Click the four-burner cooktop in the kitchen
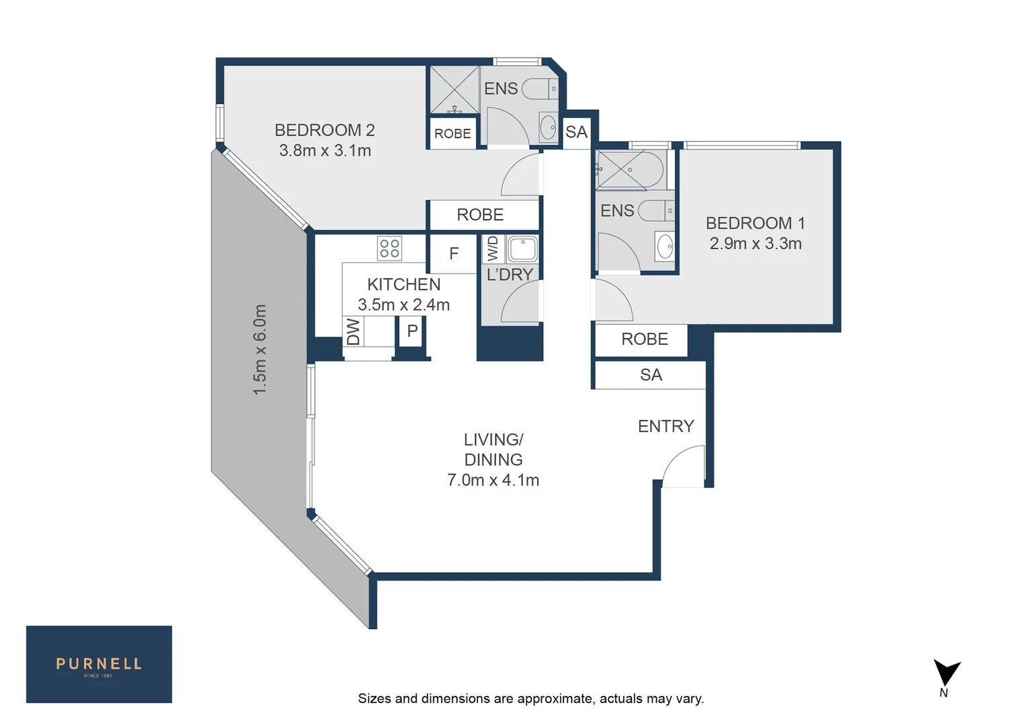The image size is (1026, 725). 389,248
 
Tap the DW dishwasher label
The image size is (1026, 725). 353,332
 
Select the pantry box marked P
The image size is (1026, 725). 412,331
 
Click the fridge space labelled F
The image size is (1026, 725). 454,254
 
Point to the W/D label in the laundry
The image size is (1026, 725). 494,248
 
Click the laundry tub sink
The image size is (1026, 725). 522,249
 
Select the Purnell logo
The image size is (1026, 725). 99,664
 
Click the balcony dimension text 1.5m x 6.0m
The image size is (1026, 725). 261,349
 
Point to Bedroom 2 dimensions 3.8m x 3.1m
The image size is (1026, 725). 325,150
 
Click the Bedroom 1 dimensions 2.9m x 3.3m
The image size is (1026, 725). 755,244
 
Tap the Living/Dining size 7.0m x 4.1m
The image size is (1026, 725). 493,480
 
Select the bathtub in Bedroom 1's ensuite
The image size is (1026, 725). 630,170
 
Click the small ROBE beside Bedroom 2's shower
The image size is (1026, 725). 453,134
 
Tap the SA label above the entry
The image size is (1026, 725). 651,375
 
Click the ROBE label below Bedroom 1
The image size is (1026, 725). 644,339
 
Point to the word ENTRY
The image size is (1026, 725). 665,426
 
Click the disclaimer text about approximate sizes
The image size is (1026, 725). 530,699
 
